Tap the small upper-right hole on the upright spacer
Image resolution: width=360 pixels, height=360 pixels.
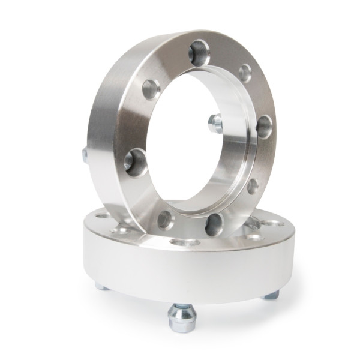point(245,73)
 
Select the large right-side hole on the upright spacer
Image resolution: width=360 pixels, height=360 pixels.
point(263,127)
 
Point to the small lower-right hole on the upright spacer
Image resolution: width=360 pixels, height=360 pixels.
point(253,185)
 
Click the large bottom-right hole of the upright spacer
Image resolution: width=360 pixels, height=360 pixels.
point(214,224)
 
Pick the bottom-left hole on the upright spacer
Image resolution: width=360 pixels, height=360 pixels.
point(166,220)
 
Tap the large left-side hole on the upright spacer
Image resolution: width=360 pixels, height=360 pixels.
point(136,163)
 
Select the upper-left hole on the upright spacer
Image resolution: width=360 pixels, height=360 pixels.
point(151,89)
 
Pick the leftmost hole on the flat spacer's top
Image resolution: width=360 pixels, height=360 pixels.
point(103,216)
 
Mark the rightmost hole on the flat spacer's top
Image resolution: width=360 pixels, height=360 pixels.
point(275,223)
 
